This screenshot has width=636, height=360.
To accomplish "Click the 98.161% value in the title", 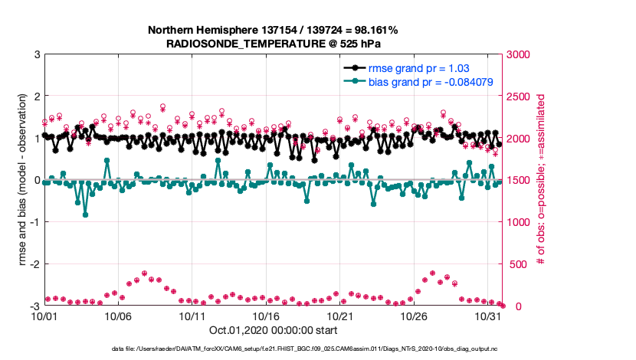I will coord(374,31).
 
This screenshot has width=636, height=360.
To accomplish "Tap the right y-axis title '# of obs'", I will coord(540,180).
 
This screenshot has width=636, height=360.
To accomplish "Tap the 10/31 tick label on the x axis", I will coord(488,316).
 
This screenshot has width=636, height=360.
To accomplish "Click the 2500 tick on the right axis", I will coord(523,97).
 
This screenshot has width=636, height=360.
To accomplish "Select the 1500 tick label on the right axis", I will coord(523,181).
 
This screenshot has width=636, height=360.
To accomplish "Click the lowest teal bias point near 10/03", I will coord(85,214).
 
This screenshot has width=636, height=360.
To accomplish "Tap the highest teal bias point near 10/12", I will coord(218,160).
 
